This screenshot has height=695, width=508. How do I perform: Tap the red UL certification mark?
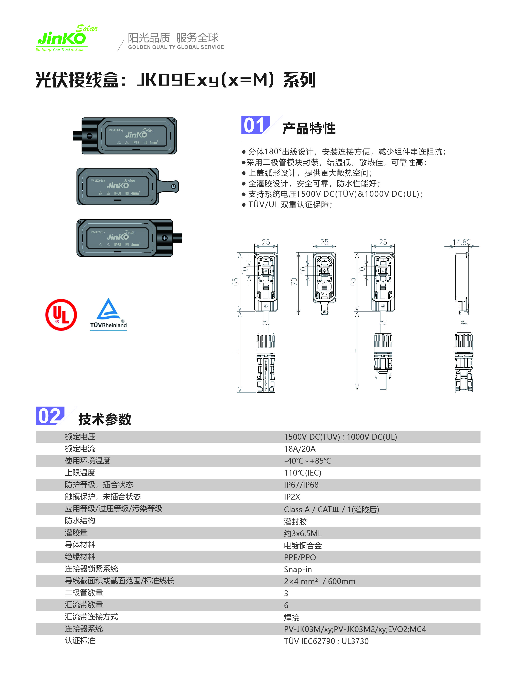click(x=61, y=315)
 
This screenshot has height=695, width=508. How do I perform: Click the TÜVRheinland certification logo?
click(x=108, y=314)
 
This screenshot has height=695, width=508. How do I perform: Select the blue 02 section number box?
click(x=50, y=416)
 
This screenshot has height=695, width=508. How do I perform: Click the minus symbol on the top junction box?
click(x=89, y=136)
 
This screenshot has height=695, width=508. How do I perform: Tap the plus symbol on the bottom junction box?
click(x=165, y=238)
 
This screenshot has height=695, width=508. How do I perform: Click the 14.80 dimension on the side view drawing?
click(x=462, y=242)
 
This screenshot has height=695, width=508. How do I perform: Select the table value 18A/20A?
click(x=300, y=449)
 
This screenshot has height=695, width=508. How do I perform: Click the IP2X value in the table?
click(x=292, y=497)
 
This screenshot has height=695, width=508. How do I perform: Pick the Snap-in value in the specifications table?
click(x=298, y=569)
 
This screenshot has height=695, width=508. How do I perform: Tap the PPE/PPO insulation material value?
click(x=300, y=557)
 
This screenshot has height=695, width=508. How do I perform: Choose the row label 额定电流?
click(x=80, y=449)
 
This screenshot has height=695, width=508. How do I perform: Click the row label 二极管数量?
click(x=84, y=593)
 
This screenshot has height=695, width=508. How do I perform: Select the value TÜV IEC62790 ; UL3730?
click(x=326, y=641)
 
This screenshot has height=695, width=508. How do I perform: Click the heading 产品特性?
click(x=309, y=128)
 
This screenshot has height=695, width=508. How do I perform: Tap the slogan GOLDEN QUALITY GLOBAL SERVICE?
click(x=176, y=47)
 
